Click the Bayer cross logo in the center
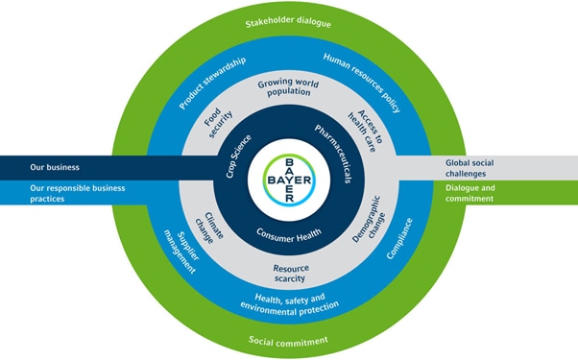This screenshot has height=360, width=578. coord(289,180)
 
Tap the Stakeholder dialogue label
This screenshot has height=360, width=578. coord(288,22)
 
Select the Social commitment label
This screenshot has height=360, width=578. coord(288,341)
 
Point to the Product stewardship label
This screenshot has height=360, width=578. coord(212,83)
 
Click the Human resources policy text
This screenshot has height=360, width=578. coord(362,83)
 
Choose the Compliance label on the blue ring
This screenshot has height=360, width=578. coord(399,238)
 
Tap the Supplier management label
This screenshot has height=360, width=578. coord(181,252)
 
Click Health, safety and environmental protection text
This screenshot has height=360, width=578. coord(290,304)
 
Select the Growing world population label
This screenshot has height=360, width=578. coord(288,87)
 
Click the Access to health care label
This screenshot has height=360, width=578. coord(365,131)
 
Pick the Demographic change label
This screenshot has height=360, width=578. coord(369,219)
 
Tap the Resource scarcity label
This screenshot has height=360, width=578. coord(291,273)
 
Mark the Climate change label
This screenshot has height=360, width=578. coord(209,228)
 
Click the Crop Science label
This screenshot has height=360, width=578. coord(238,156)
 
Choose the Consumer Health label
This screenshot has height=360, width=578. coord(289,235)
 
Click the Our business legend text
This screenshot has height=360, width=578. coord(55,167)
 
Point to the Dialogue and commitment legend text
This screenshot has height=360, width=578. coord(470,193)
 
